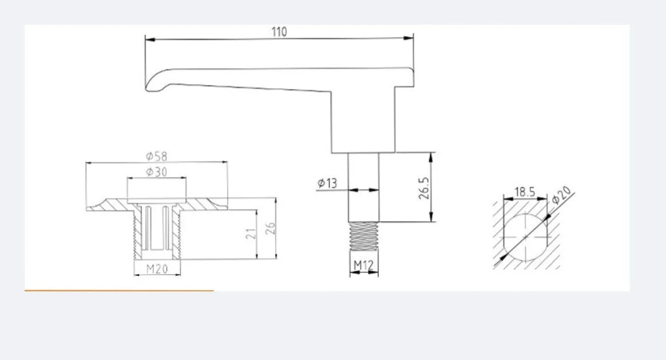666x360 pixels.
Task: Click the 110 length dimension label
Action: (279, 32)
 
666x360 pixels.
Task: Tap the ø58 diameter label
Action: (157, 156)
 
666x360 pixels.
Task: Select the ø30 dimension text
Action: (157, 172)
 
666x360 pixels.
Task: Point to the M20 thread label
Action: (157, 268)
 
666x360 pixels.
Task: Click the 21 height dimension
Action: (251, 234)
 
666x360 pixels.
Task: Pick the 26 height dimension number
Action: (270, 228)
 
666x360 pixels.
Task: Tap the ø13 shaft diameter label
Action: (327, 183)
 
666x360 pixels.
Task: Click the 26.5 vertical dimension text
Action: (424, 188)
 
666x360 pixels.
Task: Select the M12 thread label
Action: (363, 265)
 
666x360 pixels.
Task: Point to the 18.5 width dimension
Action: (525, 192)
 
